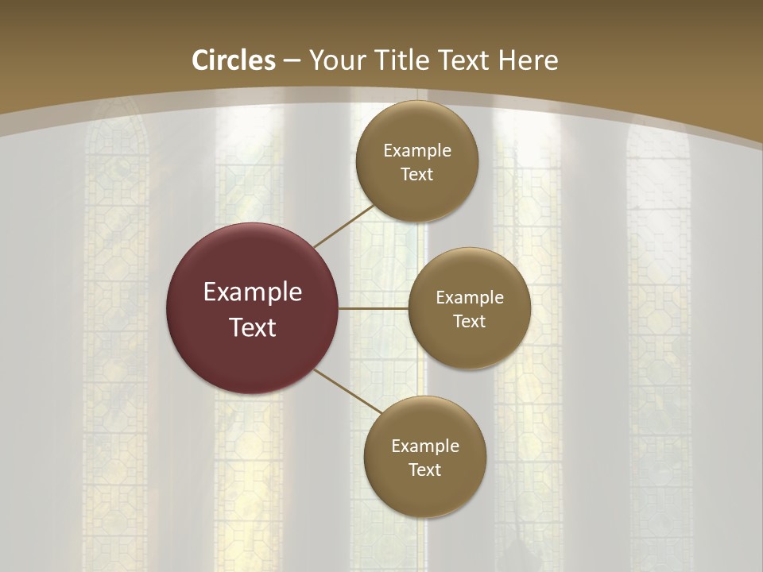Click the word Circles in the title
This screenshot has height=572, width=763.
pyautogui.click(x=234, y=60)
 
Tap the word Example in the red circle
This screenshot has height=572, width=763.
pyautogui.click(x=253, y=292)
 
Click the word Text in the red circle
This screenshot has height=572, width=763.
pyautogui.click(x=253, y=327)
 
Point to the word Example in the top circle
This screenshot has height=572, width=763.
pyautogui.click(x=417, y=151)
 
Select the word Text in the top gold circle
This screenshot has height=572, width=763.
pyautogui.click(x=417, y=175)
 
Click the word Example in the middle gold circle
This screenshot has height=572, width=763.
pyautogui.click(x=470, y=298)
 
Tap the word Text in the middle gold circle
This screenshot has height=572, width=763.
pyautogui.click(x=470, y=322)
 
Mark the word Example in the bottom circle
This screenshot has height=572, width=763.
pyautogui.click(x=425, y=446)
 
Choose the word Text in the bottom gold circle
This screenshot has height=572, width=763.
pyautogui.click(x=425, y=470)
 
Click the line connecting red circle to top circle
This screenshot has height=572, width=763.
pyautogui.click(x=345, y=225)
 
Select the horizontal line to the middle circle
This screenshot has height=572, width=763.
pyautogui.click(x=374, y=308)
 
